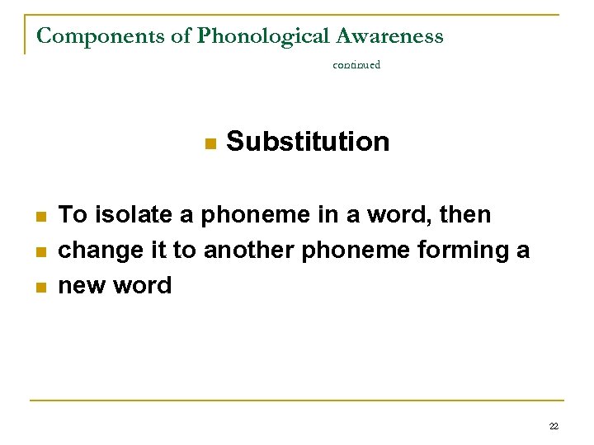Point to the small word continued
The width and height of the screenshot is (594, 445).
pyautogui.click(x=356, y=64)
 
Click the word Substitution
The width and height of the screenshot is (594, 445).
pyautogui.click(x=308, y=142)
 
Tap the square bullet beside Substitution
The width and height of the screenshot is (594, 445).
pyautogui.click(x=210, y=143)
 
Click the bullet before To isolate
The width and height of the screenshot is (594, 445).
pyautogui.click(x=40, y=217)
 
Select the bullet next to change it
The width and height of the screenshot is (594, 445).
pyautogui.click(x=40, y=251)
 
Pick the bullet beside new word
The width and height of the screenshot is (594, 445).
pyautogui.click(x=40, y=287)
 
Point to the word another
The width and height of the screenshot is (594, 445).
pyautogui.click(x=249, y=251)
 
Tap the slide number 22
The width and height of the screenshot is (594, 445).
pyautogui.click(x=554, y=426)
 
